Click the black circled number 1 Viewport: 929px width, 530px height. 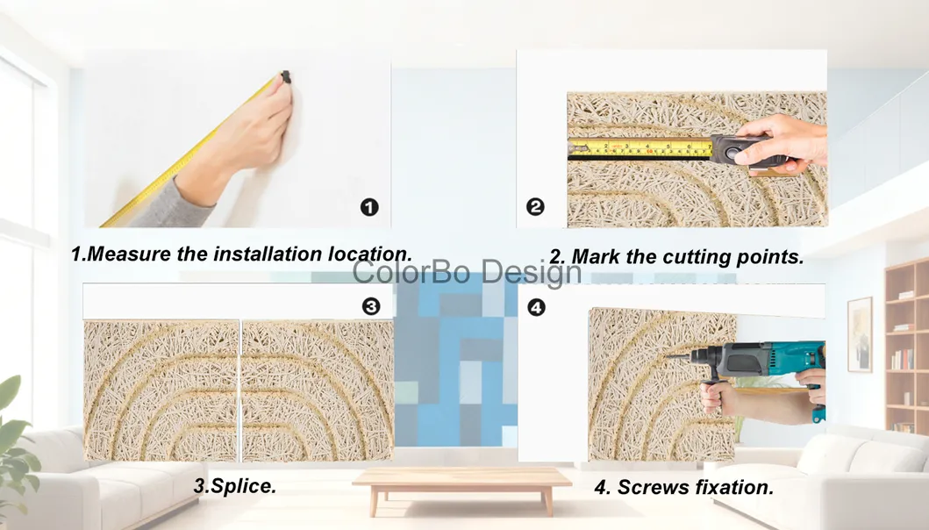click(x=369, y=207)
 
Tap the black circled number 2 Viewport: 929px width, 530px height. click(x=535, y=207)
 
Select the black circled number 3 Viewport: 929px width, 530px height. click(x=371, y=306)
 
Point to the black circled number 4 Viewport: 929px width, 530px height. click(x=535, y=307)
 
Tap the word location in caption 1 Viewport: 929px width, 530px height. click(x=368, y=254)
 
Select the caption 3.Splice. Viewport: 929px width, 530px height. click(x=234, y=485)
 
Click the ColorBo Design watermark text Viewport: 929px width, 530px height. click(x=467, y=273)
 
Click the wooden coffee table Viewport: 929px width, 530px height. click(x=461, y=481)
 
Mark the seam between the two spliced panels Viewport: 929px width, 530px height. click(x=240, y=390)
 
